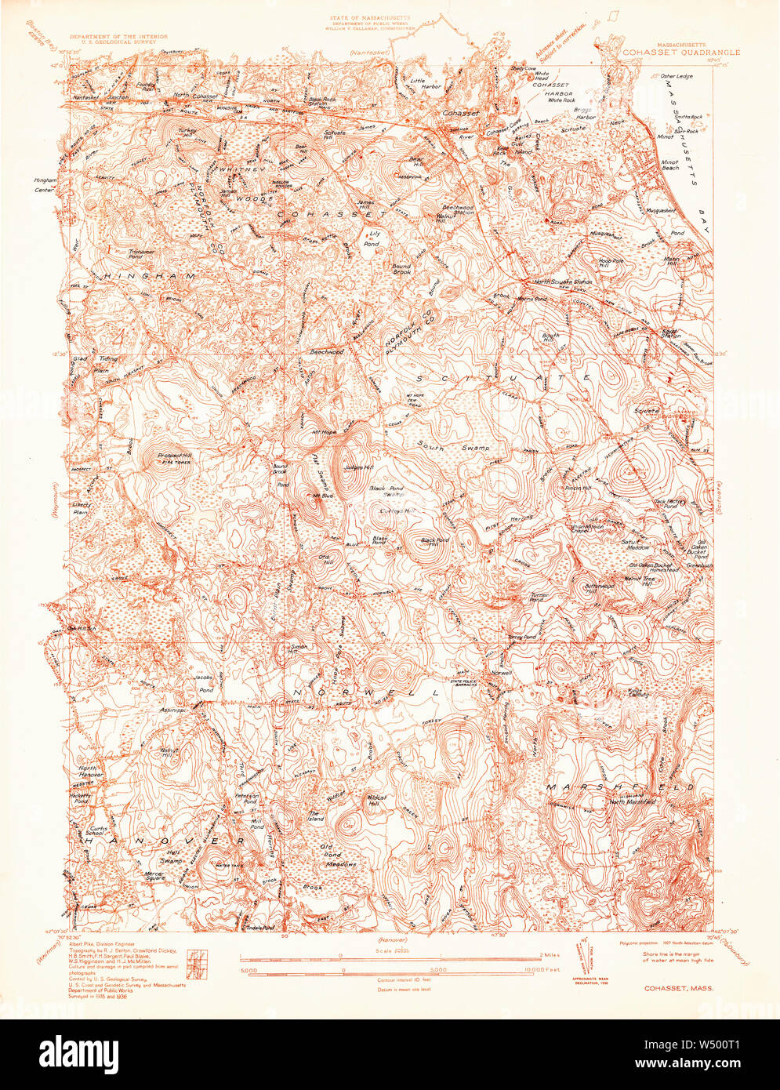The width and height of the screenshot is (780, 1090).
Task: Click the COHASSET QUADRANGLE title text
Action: point(680,53)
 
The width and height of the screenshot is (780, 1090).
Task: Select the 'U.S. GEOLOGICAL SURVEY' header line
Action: point(114,42)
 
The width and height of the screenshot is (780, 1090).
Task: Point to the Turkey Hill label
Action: point(187,135)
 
